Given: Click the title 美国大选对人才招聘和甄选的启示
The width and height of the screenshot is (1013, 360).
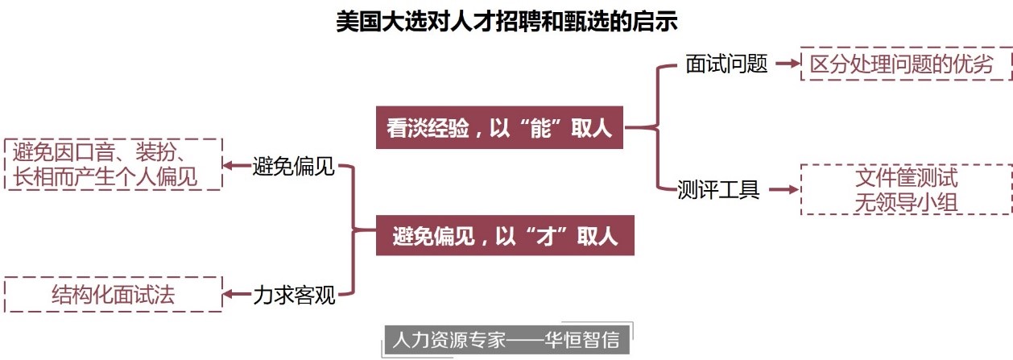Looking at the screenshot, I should tap(506, 21).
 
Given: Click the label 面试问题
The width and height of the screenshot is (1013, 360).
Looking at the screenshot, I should tap(726, 64).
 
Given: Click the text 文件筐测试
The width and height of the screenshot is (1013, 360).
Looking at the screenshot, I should tap(906, 178).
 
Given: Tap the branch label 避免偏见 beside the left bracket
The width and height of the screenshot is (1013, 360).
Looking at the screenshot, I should tap(293, 168).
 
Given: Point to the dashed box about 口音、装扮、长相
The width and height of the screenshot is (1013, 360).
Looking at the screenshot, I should tap(113, 163).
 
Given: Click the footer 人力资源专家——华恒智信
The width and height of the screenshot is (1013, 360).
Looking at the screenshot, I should tap(506, 340).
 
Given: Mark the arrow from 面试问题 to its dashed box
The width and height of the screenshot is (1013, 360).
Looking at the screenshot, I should tap(786, 64).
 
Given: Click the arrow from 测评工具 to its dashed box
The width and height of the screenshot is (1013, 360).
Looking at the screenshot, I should tap(783, 190).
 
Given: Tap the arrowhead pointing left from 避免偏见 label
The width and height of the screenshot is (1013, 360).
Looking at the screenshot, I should tap(229, 167).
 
